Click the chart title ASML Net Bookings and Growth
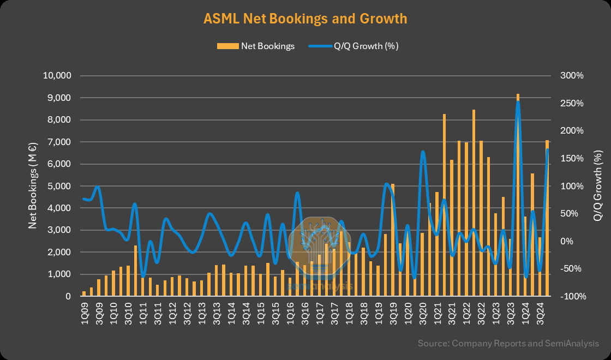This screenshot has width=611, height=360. pos(305,19)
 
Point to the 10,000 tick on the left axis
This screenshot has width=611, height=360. pos(57,76)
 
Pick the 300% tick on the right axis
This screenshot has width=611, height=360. pos(572,76)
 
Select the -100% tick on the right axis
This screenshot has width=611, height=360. pos(572,297)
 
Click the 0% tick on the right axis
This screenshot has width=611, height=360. pos(567,241)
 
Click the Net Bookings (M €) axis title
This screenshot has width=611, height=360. pos(33,185)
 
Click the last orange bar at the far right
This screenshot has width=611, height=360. pos(547,218)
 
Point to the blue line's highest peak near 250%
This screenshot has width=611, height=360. pos(518,103)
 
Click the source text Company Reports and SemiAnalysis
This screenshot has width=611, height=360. pos(508,344)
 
